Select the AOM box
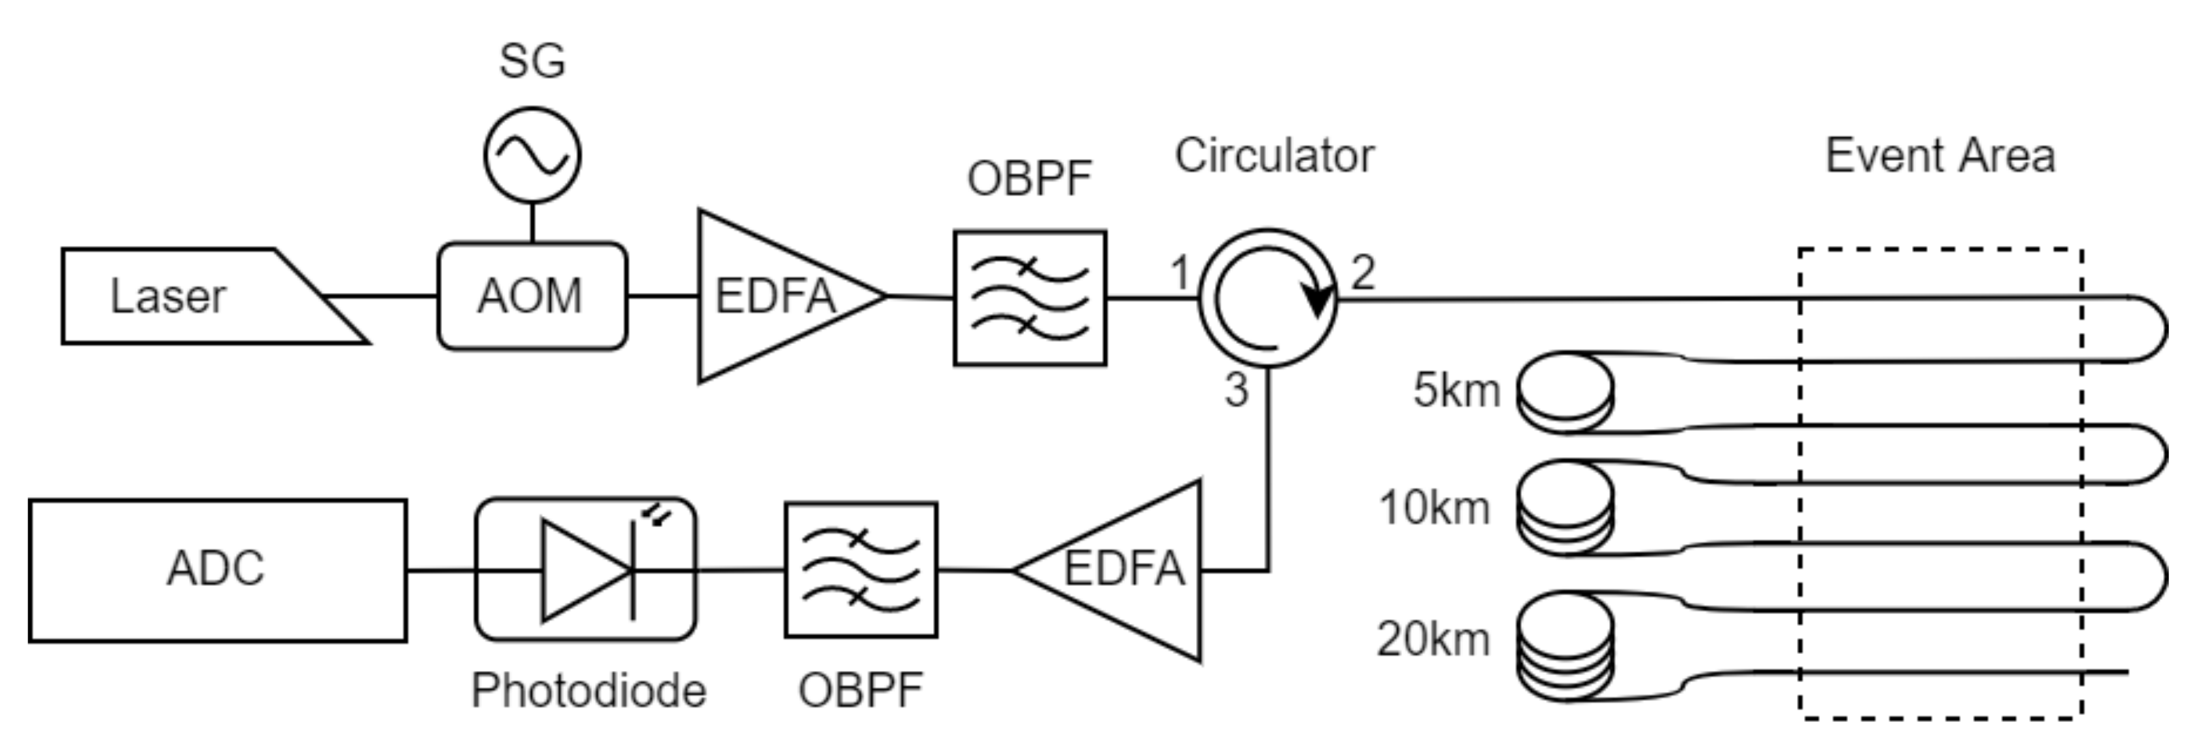click(532, 296)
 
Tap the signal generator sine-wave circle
click(532, 155)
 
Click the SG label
click(532, 61)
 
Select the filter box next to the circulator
click(1030, 298)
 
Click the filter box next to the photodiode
click(861, 570)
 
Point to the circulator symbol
click(1267, 298)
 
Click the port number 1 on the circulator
click(1180, 273)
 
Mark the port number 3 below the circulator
click(1236, 390)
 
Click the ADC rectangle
click(217, 570)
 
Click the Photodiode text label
click(589, 690)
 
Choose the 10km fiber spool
click(1565, 507)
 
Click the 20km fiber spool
click(1565, 645)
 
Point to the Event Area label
click(1940, 156)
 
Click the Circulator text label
click(1274, 156)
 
